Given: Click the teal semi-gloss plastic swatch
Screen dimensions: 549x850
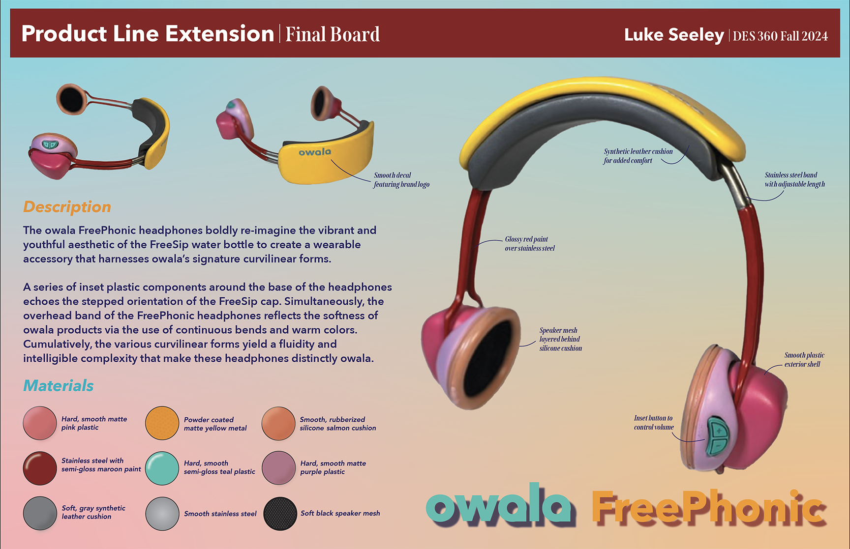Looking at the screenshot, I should pyautogui.click(x=162, y=468).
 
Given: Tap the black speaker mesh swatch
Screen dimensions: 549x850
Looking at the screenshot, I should pyautogui.click(x=280, y=514).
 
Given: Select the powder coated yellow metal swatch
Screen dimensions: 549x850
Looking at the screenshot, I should pyautogui.click(x=162, y=423).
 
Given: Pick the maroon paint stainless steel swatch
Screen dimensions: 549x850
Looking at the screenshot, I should pyautogui.click(x=40, y=468).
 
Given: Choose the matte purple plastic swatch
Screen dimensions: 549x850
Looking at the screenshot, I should pyautogui.click(x=278, y=468).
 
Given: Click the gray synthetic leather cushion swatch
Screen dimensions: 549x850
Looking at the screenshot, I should pyautogui.click(x=40, y=513).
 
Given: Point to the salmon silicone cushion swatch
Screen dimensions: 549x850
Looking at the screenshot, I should pyautogui.click(x=278, y=423).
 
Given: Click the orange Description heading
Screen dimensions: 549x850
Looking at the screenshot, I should pyautogui.click(x=67, y=207).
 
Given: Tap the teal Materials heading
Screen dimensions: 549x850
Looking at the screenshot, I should pyautogui.click(x=58, y=386).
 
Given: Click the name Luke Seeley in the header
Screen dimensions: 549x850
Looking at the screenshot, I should pyautogui.click(x=673, y=35).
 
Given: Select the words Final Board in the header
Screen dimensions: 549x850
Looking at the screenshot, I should pyautogui.click(x=333, y=34).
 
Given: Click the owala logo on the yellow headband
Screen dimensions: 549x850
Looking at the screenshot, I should pyautogui.click(x=315, y=152).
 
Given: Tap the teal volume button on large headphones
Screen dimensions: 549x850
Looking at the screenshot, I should pyautogui.click(x=718, y=436).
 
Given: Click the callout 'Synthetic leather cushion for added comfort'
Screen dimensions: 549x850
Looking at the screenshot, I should pyautogui.click(x=637, y=156).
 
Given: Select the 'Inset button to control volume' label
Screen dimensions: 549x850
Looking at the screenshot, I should pyautogui.click(x=653, y=422).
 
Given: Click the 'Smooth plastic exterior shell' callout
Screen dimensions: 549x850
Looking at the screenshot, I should pyautogui.click(x=804, y=359).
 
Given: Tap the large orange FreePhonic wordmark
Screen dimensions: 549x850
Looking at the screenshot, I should pyautogui.click(x=708, y=507).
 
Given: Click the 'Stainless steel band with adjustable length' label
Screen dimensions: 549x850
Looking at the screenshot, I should pyautogui.click(x=794, y=179).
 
